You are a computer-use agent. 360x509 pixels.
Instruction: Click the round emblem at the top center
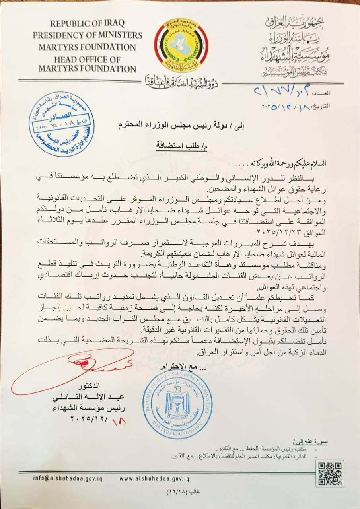coord(181,45)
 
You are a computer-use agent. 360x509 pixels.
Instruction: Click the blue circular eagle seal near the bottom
coord(177,404)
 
